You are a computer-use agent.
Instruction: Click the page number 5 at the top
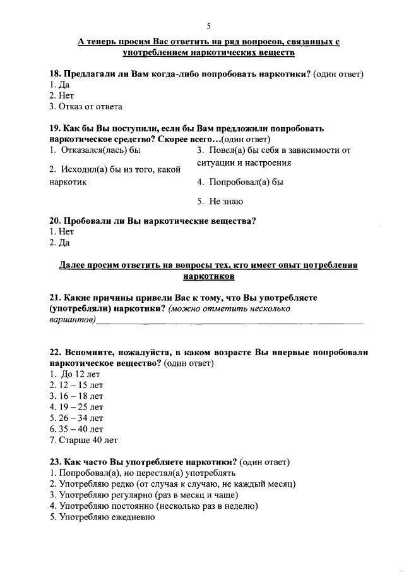(208, 25)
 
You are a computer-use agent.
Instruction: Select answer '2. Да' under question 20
(59, 243)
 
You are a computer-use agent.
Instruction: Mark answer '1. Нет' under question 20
(61, 232)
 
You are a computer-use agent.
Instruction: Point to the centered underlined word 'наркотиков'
(208, 276)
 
